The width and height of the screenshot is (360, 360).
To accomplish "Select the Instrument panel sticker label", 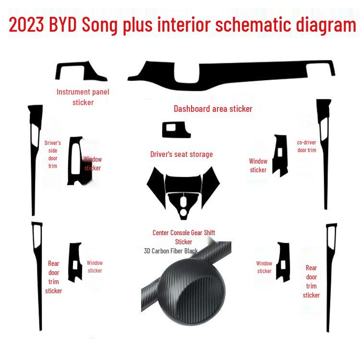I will click(x=83, y=97).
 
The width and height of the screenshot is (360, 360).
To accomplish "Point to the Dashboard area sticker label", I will click(x=213, y=109).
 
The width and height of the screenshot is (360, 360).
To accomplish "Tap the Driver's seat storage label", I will click(x=181, y=154).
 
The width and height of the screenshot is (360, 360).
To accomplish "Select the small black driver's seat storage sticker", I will click(x=176, y=130).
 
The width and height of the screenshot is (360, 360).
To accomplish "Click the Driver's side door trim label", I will click(x=53, y=154).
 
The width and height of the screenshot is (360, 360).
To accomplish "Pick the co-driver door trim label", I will click(x=307, y=146).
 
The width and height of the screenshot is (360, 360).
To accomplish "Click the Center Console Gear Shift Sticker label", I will click(x=184, y=237).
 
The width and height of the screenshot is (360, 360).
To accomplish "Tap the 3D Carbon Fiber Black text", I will click(x=171, y=251).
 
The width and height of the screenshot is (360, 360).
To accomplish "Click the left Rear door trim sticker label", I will click(x=54, y=277).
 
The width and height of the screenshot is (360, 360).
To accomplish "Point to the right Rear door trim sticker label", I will click(x=312, y=281).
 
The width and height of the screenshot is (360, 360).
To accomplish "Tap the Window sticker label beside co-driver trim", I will click(x=258, y=166).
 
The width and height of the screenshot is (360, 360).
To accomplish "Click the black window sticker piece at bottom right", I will click(x=283, y=262).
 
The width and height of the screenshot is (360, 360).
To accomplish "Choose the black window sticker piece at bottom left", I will click(x=75, y=262).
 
